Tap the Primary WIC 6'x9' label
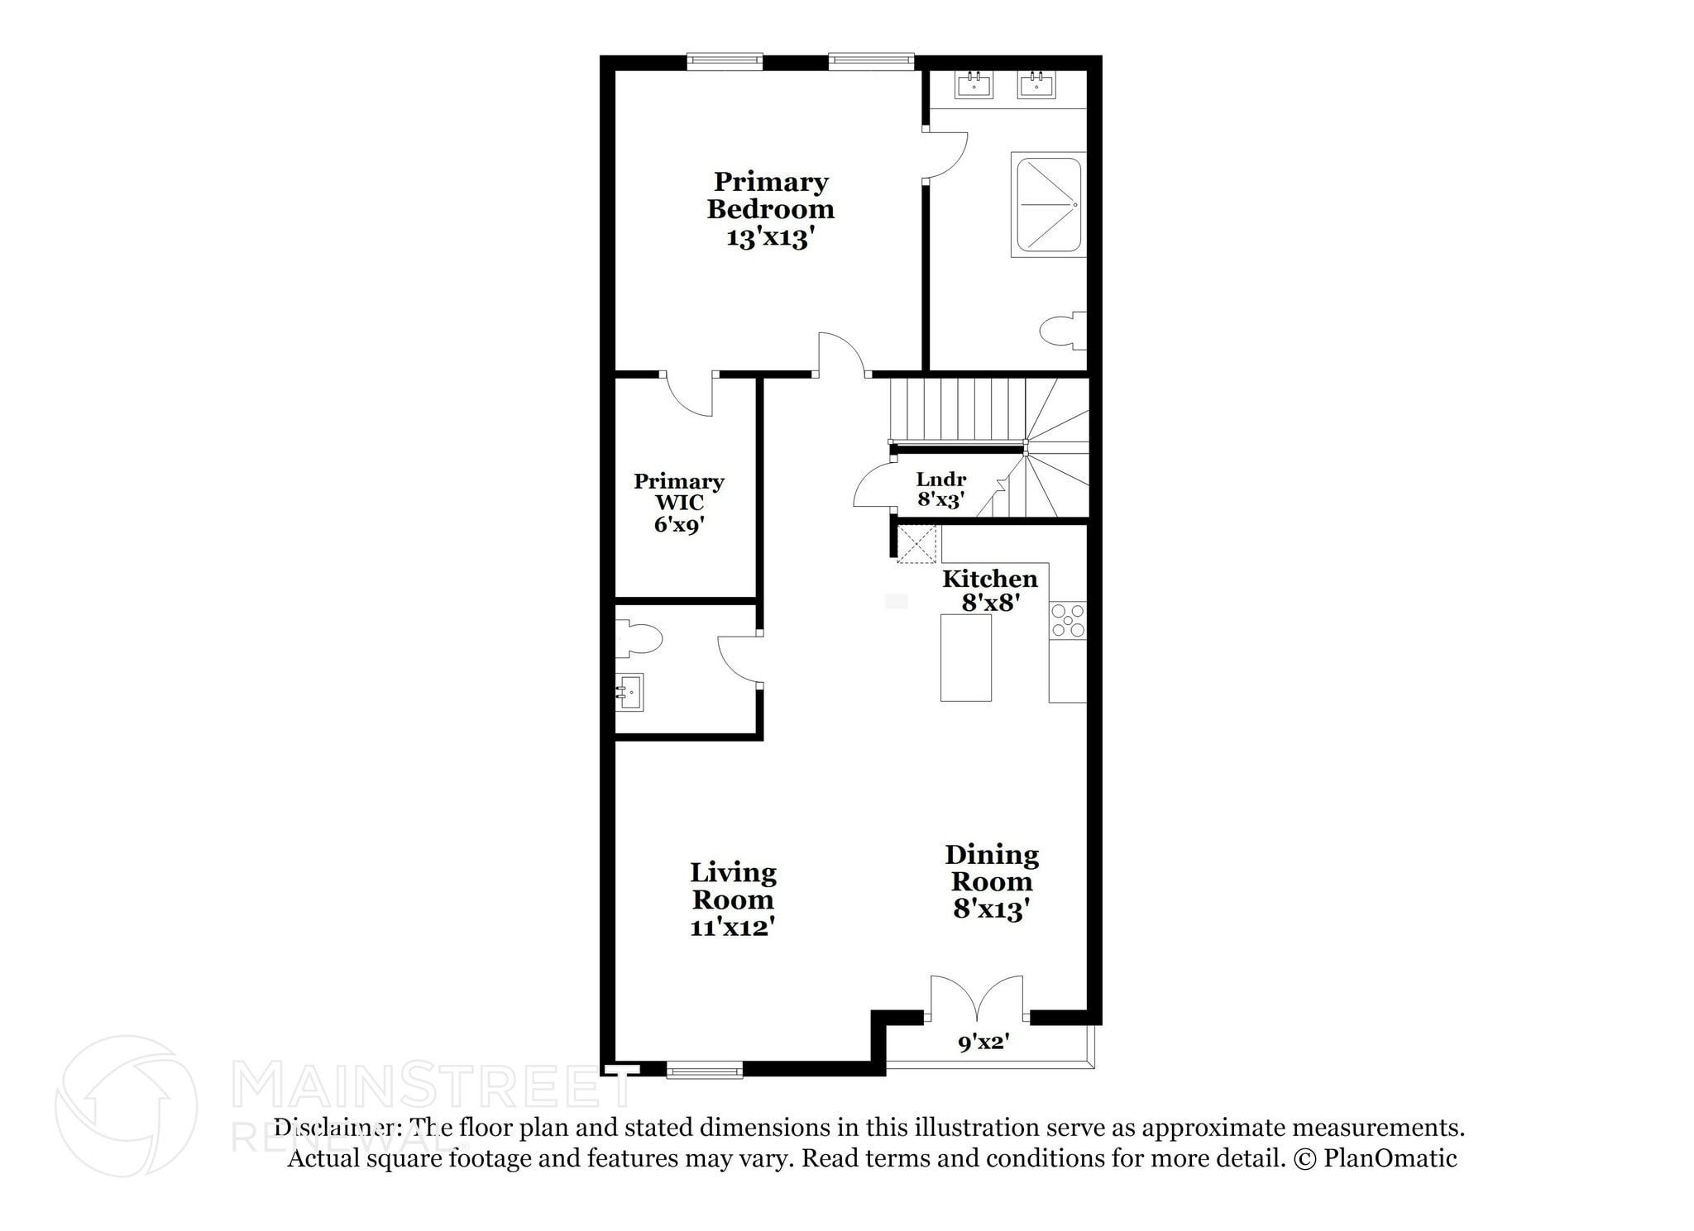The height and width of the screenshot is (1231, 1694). [x=679, y=503]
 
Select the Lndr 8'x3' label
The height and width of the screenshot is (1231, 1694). [x=941, y=489]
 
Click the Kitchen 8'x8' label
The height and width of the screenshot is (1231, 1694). [x=989, y=590]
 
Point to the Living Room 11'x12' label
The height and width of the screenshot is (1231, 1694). [x=733, y=899]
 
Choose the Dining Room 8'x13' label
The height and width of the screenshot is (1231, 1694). [x=992, y=881]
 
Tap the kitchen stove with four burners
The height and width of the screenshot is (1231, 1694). [x=1068, y=621]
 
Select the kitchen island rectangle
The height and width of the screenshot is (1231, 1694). [x=965, y=657]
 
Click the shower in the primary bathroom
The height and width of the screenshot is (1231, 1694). [x=1048, y=204]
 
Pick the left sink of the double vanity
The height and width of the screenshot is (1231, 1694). [x=974, y=83]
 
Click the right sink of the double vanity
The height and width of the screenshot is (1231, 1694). [x=1036, y=83]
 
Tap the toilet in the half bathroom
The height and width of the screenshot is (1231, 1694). [x=639, y=639]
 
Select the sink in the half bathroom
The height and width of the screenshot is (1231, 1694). [x=630, y=692]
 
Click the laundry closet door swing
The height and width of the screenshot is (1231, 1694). [x=873, y=486]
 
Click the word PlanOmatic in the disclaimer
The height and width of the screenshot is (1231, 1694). [x=1390, y=1158]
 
